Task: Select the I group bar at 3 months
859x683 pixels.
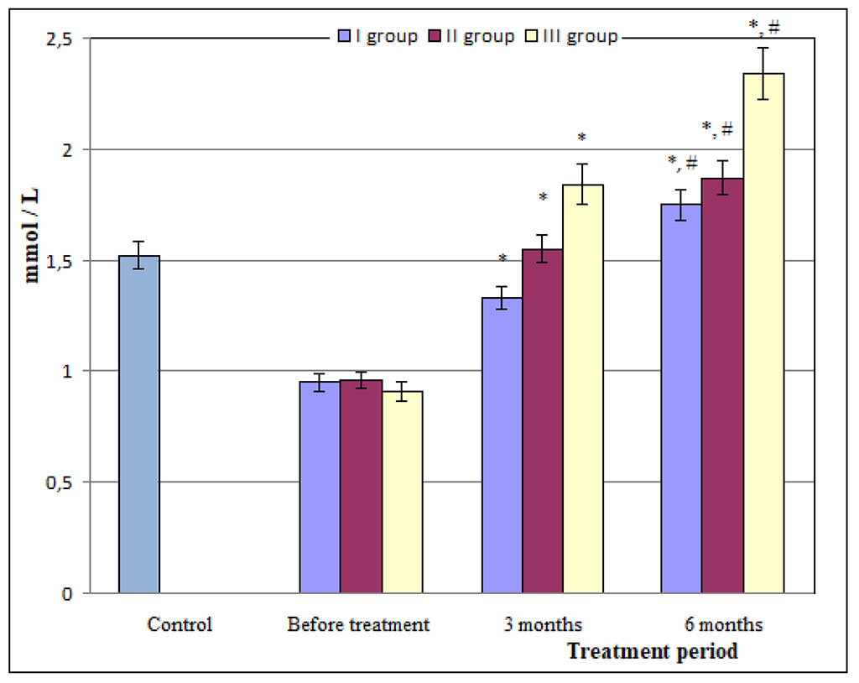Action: point(502,446)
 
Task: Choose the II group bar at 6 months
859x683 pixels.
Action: point(722,386)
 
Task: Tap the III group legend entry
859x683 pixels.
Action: point(571,37)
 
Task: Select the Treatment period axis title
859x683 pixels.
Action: point(652,651)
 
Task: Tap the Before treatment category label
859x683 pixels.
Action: point(358,625)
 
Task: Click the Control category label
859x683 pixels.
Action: point(180,625)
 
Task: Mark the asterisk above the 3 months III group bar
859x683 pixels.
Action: point(581,138)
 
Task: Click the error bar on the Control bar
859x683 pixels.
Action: point(139,254)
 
